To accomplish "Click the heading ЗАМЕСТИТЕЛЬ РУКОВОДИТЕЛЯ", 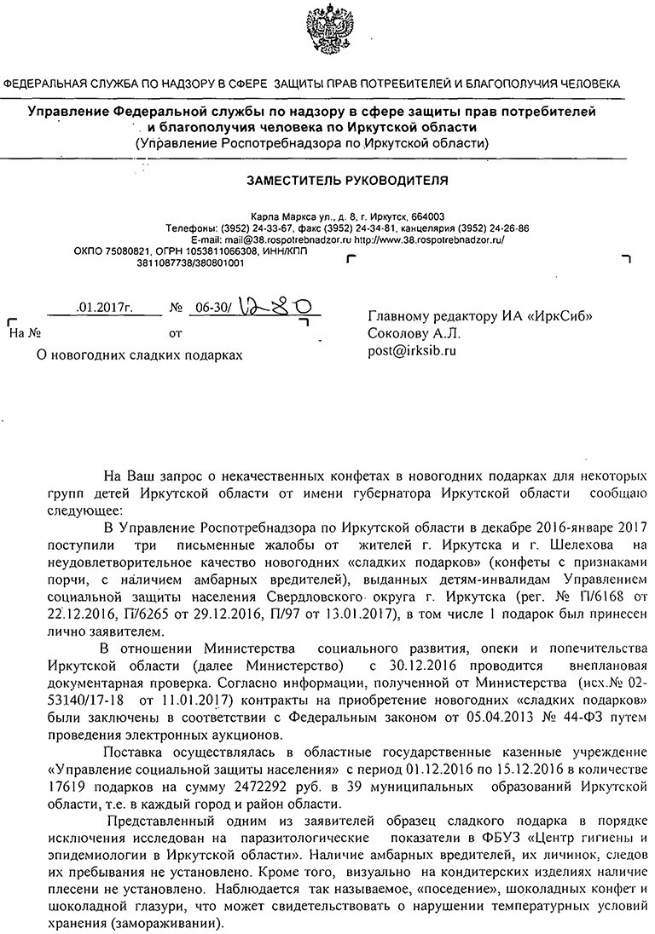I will pyautogui.click(x=347, y=181).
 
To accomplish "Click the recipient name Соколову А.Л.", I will pyautogui.click(x=414, y=332).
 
